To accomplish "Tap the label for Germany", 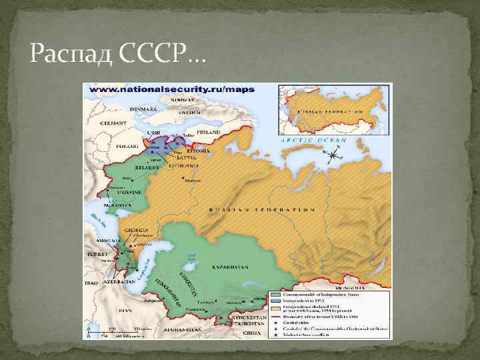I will pyautogui.click(x=113, y=123).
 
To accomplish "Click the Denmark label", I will pyautogui.click(x=143, y=108).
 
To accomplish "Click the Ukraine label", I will pyautogui.click(x=130, y=192).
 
